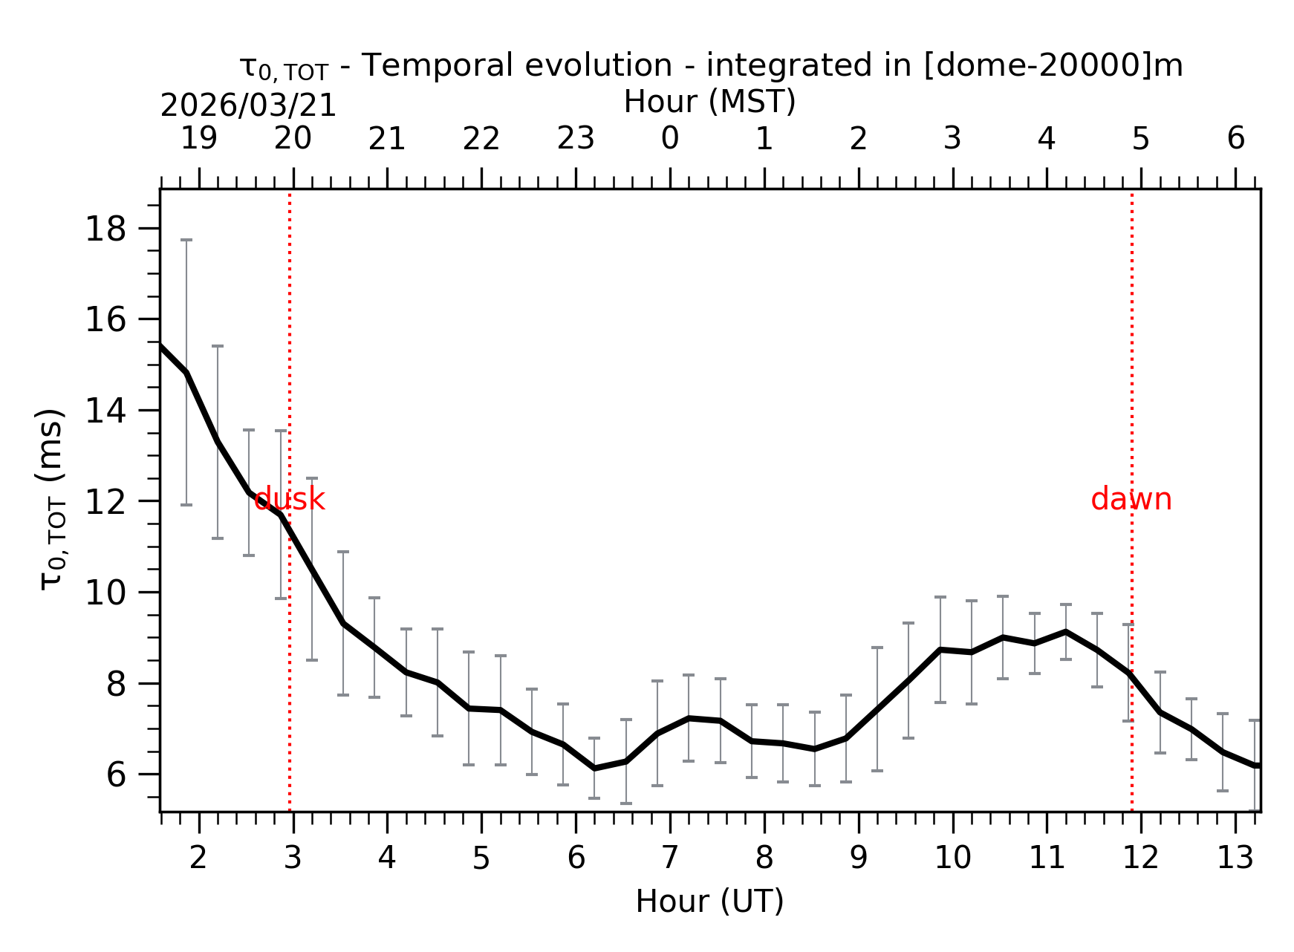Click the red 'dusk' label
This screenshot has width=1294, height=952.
289,500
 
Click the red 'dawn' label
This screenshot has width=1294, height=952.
1131,500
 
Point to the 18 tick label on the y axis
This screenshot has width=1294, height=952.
106,229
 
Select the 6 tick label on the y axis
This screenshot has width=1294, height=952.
117,775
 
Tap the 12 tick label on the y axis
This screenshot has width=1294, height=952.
106,502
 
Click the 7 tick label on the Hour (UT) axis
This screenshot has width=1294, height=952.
670,858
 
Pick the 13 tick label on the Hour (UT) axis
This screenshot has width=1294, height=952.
1235,858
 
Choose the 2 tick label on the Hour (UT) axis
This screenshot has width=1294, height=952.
198,858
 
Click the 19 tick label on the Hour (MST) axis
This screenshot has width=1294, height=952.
199,139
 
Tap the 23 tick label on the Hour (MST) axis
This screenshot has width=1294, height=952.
576,139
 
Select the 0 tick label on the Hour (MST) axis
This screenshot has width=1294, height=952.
670,139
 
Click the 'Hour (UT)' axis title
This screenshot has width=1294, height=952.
709,902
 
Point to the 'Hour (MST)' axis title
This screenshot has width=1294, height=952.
709,102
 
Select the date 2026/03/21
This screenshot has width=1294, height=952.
248,106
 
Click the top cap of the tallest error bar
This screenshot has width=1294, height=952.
186,240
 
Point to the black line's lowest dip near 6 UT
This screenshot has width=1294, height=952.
594,768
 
